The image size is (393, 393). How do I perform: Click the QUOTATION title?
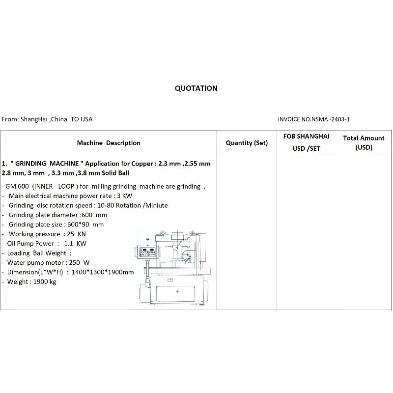(x=196, y=88)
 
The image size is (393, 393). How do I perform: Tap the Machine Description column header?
(x=109, y=143)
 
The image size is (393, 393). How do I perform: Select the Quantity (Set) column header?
(x=247, y=143)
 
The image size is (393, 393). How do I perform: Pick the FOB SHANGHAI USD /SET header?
(x=306, y=142)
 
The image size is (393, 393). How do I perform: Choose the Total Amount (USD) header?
(x=364, y=142)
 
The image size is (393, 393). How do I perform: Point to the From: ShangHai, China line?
(x=47, y=119)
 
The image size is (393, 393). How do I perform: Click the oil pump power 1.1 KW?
(x=75, y=243)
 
